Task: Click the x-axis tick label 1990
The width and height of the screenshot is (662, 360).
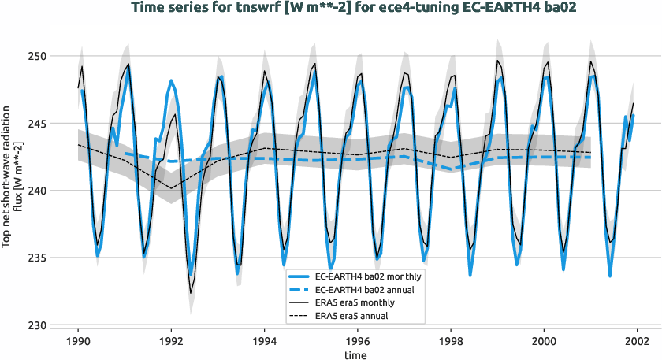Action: click(78, 342)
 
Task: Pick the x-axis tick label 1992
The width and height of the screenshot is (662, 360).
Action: click(171, 342)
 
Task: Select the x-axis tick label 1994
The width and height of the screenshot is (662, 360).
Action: click(264, 342)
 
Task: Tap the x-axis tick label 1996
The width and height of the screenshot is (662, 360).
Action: click(358, 342)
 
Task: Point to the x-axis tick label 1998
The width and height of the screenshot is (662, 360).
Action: click(451, 342)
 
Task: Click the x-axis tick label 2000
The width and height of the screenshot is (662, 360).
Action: click(544, 342)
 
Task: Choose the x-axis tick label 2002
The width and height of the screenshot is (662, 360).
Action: click(637, 342)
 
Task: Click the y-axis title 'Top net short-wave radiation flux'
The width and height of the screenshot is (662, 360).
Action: click(12, 191)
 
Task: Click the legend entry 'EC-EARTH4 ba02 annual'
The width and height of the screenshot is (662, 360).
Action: click(366, 289)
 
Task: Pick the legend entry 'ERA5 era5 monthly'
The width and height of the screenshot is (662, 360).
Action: click(355, 302)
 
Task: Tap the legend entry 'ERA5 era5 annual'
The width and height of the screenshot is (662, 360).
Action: click(351, 315)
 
